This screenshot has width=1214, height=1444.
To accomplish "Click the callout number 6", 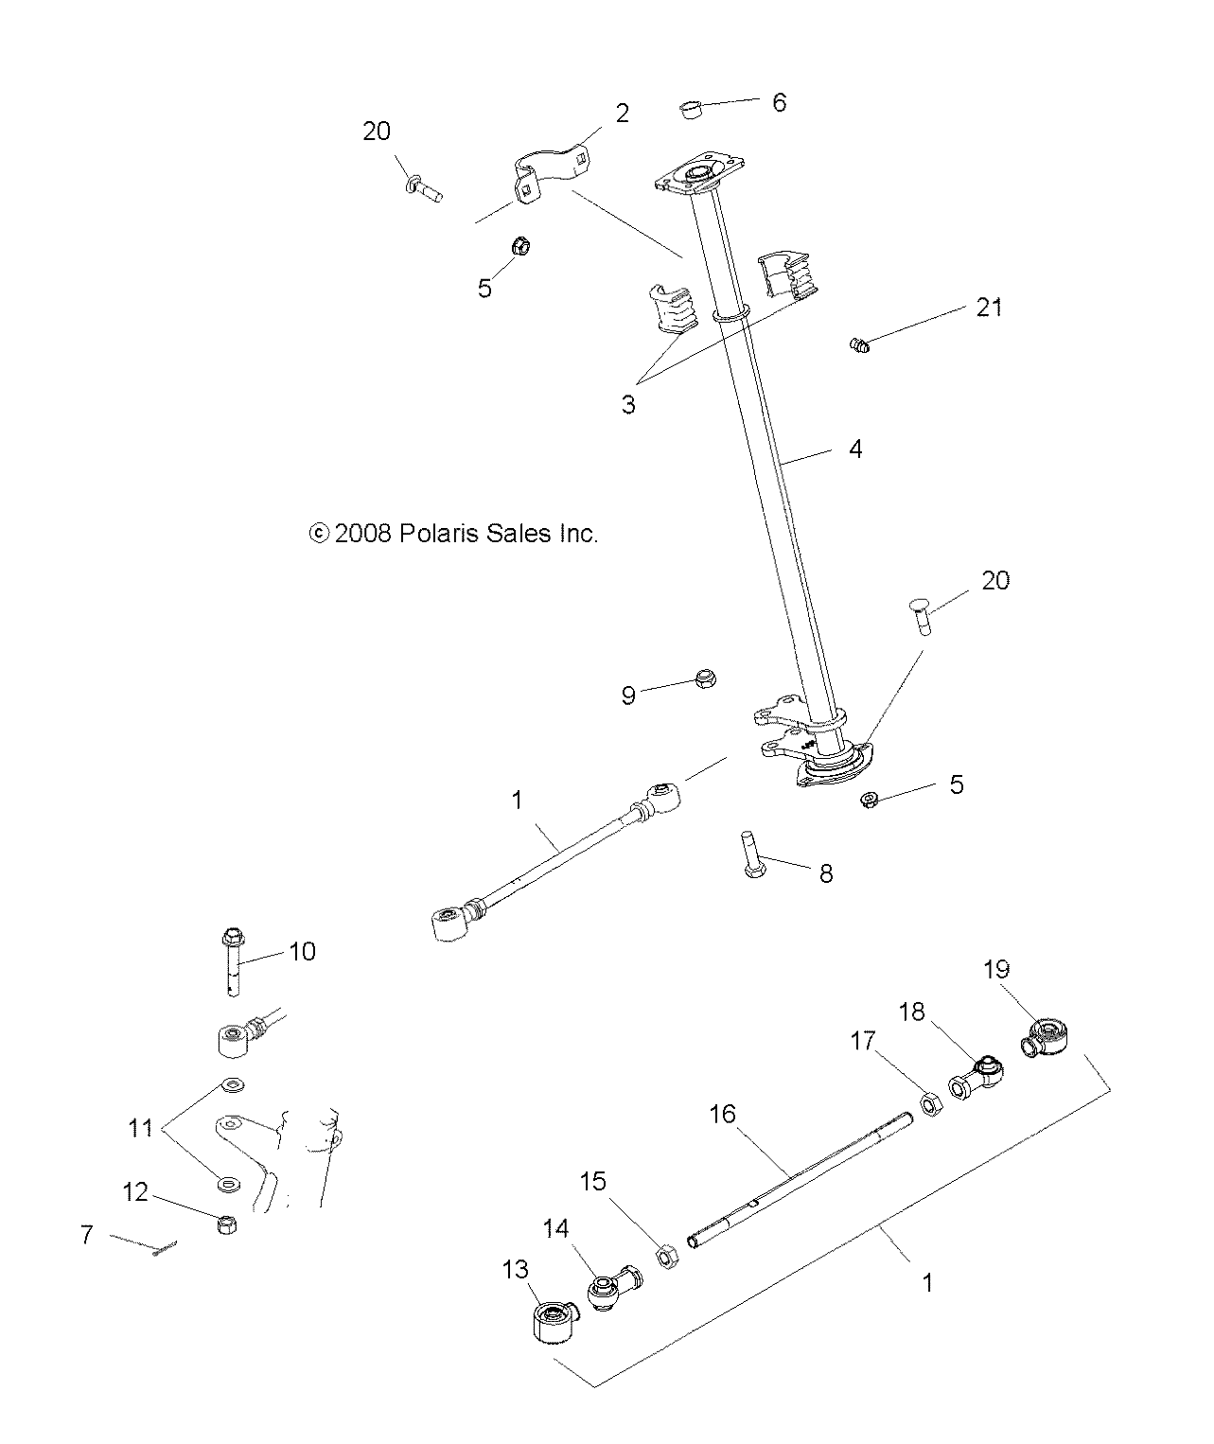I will pos(779,102).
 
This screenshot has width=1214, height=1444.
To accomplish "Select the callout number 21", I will pos(989,307).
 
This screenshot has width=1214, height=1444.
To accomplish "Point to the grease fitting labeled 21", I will pos(859,345).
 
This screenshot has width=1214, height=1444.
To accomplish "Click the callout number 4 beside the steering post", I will pos(854,449).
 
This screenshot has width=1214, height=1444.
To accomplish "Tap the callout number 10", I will pos(302,950).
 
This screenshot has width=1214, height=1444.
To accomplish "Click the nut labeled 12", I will pos(227,1224).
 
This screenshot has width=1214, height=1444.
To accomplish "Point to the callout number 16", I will pos(722,1114).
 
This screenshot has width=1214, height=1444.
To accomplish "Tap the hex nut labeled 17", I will pos(928,1103).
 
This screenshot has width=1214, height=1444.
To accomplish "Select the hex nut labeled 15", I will pos(666,1257).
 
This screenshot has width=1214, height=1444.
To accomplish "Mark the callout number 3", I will pos(628,404).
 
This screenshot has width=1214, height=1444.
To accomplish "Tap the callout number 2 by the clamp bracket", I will pos(622,114).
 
